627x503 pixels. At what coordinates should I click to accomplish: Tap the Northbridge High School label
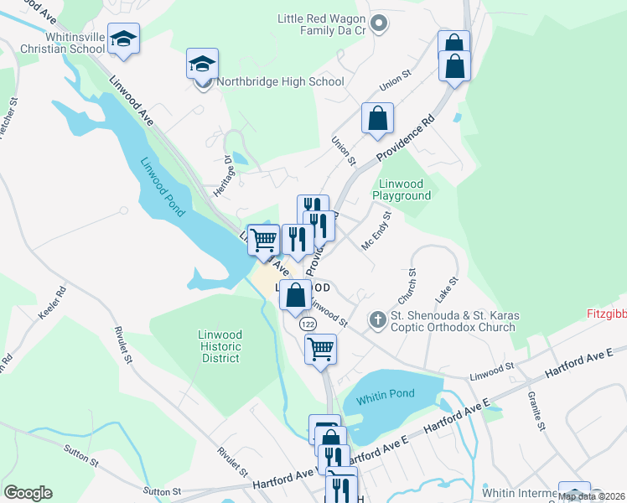coord(280,82)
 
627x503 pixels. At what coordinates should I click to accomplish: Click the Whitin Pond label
coord(385,399)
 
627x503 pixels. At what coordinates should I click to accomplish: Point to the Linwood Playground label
coord(404,189)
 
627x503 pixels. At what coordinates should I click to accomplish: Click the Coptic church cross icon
coord(378,319)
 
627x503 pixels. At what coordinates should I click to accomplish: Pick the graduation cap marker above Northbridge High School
coord(202,64)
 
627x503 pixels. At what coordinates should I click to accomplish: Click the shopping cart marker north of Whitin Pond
coord(320,348)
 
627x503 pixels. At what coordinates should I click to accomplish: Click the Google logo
coord(28,493)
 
